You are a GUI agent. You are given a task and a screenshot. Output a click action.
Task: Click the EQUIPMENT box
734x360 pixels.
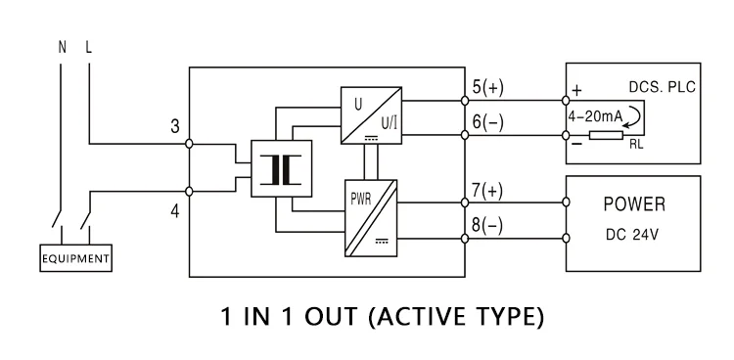point(75,258)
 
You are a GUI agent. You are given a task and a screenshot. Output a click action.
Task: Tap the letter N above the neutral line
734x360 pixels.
point(63,47)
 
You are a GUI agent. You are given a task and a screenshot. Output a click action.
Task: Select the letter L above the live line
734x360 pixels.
point(88,47)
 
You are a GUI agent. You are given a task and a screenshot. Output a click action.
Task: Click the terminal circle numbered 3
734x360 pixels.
point(189,144)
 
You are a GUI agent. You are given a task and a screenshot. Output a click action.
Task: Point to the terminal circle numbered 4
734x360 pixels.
point(189,191)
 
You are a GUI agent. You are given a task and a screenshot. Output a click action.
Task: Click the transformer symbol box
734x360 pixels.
point(281,168)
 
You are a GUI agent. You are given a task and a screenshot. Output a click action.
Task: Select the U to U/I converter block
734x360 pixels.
point(371,115)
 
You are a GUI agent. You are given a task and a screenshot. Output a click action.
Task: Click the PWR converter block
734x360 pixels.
point(371,218)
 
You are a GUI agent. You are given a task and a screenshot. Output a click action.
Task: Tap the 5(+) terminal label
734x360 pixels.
point(487,87)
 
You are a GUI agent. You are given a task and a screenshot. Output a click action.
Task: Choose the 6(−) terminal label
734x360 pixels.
point(487,122)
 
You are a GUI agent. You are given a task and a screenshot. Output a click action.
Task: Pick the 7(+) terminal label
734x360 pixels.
point(487,191)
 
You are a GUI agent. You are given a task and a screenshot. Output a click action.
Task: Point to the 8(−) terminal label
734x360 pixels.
point(487,226)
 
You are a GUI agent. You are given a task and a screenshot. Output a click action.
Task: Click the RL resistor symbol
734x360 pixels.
point(606,135)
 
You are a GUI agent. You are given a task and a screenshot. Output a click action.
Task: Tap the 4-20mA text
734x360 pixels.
point(595,116)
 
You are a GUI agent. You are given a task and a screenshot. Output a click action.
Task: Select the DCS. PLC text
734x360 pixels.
point(662,87)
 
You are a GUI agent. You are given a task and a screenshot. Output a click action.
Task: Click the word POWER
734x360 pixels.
point(634,204)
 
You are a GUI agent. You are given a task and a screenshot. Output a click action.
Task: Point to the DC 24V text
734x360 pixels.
point(632,235)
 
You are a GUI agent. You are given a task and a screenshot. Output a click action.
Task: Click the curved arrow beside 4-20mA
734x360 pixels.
point(633,115)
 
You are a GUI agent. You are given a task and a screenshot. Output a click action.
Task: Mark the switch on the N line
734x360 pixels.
point(57,218)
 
